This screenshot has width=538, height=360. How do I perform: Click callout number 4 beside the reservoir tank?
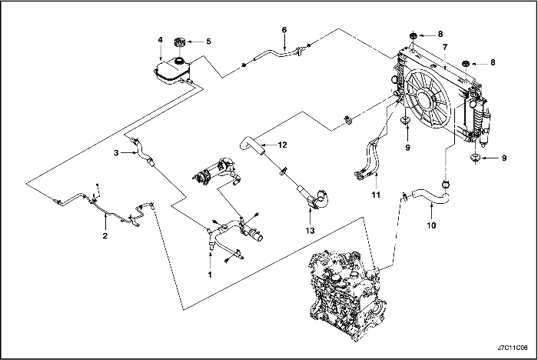click(160, 40)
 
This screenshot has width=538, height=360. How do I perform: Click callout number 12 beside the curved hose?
click(283, 144)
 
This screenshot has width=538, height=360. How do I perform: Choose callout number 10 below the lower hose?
click(430, 226)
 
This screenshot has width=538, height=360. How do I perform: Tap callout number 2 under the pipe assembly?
click(105, 236)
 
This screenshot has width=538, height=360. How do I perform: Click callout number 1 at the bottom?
click(209, 273)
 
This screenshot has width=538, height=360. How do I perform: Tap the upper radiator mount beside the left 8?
click(413, 35)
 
